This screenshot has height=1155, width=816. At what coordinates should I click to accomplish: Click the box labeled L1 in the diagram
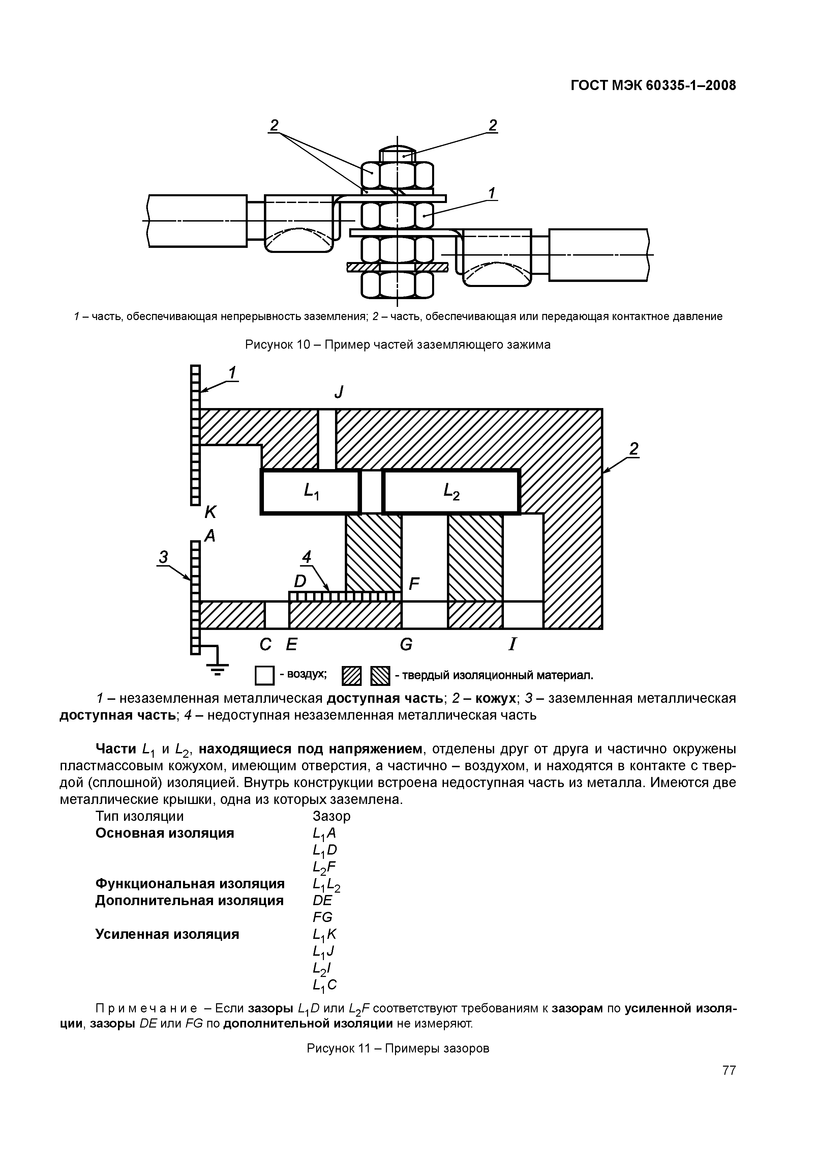click(x=310, y=491)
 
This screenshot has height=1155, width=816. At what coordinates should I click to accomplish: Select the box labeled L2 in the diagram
click(x=451, y=491)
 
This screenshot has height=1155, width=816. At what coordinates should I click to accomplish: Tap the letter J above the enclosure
click(x=339, y=392)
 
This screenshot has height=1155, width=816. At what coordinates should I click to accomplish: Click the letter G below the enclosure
click(x=406, y=644)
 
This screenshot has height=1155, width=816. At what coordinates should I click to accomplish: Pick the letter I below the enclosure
click(x=512, y=644)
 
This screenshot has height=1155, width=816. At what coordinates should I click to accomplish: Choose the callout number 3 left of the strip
click(x=163, y=557)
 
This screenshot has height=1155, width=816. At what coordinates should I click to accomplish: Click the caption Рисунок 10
click(x=397, y=345)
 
